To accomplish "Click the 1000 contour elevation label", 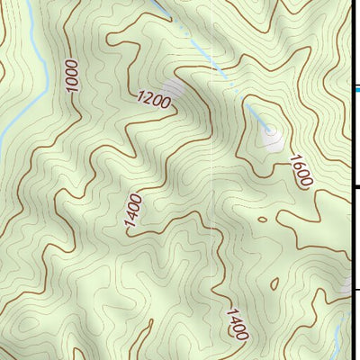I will pyautogui.click(x=72, y=74).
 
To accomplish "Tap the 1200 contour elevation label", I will pyautogui.click(x=154, y=101).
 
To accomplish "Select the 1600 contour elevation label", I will pyautogui.click(x=301, y=171).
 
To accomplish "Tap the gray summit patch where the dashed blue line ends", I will pyautogui.click(x=271, y=137).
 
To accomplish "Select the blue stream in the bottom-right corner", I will pyautogui.click(x=334, y=342).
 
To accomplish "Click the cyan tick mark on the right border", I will pyautogui.click(x=356, y=89).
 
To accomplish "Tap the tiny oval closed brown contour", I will pyautogui.click(x=261, y=219).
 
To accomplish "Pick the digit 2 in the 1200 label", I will pyautogui.click(x=148, y=99).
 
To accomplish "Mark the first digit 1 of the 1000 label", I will pyautogui.click(x=72, y=88).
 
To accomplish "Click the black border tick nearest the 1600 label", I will pyautogui.click(x=356, y=187).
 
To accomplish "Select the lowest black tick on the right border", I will pyautogui.click(x=356, y=289).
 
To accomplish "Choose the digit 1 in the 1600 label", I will pyautogui.click(x=294, y=158).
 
